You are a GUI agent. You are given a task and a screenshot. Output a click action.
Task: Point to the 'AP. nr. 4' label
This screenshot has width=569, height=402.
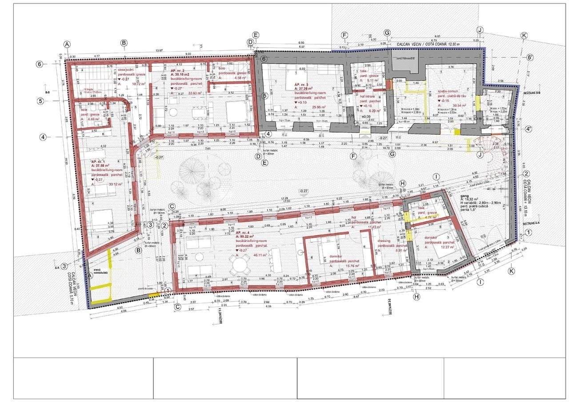point(244,233)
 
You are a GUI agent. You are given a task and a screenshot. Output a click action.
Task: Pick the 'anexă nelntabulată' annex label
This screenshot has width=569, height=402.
point(98,274)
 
